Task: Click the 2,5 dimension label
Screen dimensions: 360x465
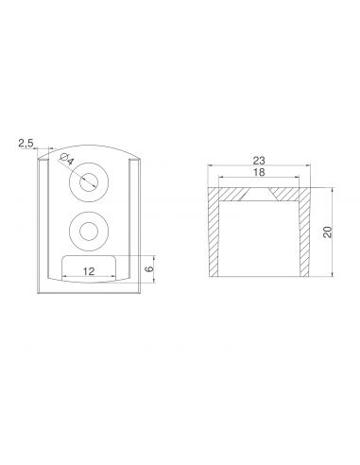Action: click(x=26, y=144)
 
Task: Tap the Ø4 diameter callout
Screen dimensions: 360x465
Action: click(x=66, y=159)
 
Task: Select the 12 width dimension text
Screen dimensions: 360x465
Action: click(x=89, y=271)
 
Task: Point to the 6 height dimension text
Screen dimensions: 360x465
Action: click(x=150, y=268)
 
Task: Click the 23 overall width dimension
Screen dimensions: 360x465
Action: click(x=259, y=161)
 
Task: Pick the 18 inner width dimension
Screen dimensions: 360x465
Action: click(x=259, y=172)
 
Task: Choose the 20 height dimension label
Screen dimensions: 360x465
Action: click(x=328, y=232)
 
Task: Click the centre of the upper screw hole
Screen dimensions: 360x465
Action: click(x=89, y=182)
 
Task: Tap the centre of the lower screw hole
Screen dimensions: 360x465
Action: click(x=89, y=232)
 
